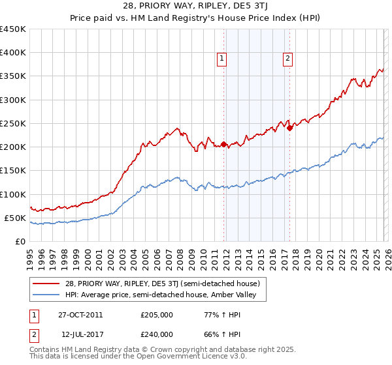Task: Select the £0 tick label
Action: coord(20,241)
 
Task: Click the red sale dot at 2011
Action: coord(223,144)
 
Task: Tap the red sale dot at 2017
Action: coord(290,128)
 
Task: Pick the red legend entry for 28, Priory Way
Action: coord(157,284)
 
